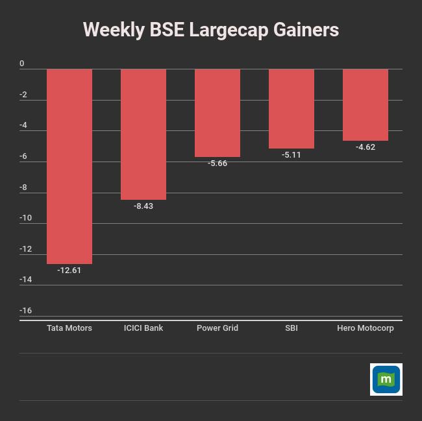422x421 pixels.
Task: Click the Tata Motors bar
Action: [x=69, y=166]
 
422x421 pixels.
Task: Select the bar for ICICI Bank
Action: [x=143, y=134]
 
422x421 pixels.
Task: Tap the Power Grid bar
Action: [x=217, y=113]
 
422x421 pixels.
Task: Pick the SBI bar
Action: [x=292, y=108]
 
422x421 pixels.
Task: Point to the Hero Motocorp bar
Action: [x=366, y=104]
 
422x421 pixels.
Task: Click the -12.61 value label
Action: [x=69, y=271]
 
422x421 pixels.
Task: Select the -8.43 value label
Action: [x=143, y=206]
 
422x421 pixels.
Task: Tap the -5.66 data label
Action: [x=217, y=163]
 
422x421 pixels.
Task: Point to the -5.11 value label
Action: [x=292, y=155]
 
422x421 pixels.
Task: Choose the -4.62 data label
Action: [x=366, y=147]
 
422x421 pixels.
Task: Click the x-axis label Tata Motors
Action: [x=69, y=328]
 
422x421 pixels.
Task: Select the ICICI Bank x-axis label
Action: [x=143, y=328]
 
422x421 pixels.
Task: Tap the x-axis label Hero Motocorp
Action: [x=366, y=328]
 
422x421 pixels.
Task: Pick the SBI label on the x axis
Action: [x=292, y=328]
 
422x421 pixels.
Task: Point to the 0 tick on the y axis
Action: [x=22, y=64]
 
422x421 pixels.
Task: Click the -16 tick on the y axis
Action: [x=25, y=311]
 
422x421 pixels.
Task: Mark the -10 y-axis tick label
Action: [x=25, y=218]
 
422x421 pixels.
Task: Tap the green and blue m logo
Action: [x=386, y=379]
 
